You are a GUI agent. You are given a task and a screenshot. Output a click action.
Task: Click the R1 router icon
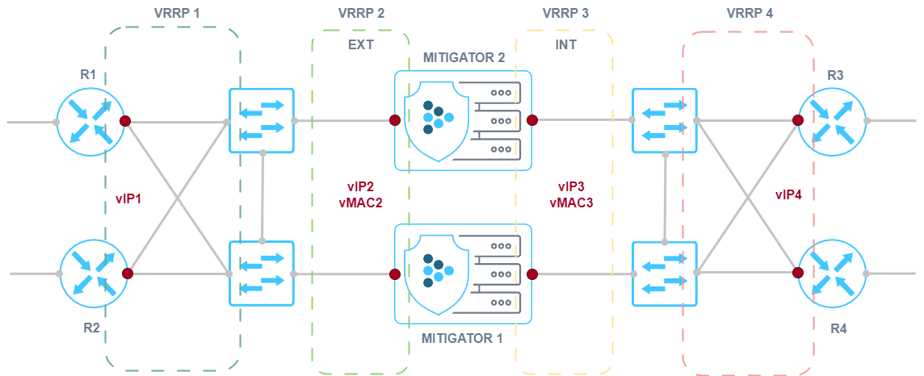tap(91, 121)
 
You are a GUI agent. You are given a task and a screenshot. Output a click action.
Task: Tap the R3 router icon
tap(832, 121)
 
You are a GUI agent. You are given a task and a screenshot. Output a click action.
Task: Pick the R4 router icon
tap(832, 273)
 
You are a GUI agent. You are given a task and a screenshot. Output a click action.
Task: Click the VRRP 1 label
tap(176, 14)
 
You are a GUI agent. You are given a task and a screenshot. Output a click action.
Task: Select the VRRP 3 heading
tap(565, 14)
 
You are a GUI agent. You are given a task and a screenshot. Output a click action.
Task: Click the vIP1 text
tap(128, 198)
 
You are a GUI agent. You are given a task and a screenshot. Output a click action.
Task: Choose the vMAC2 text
tap(361, 203)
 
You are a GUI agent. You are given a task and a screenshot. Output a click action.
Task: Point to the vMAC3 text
tap(571, 203)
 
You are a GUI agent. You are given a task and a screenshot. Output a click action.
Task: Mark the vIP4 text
tap(787, 194)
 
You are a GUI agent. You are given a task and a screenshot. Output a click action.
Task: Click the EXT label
tap(360, 44)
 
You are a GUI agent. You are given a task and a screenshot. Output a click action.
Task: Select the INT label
tap(565, 44)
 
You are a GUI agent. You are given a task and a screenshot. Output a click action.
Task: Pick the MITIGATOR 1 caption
tap(463, 337)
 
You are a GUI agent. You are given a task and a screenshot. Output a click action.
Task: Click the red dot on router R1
tap(125, 120)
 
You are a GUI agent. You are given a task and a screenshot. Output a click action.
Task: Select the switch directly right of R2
tap(262, 273)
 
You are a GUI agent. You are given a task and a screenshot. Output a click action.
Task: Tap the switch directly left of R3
tap(664, 121)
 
